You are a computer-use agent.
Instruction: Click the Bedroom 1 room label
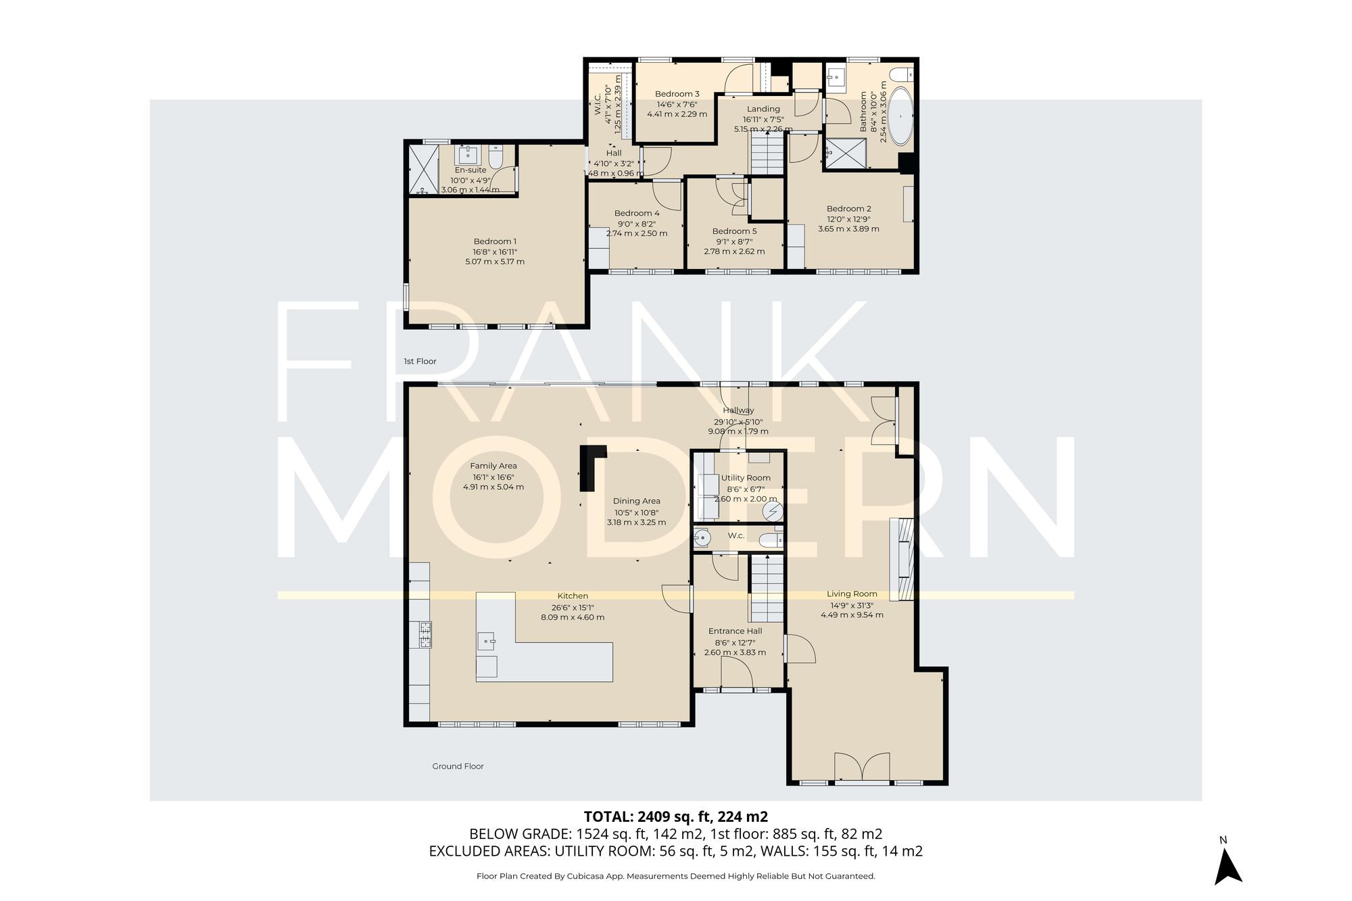point(495,241)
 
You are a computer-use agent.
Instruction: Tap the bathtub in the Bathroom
point(900,116)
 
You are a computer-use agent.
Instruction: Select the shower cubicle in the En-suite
point(422,169)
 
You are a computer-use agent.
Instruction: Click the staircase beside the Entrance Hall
point(767,589)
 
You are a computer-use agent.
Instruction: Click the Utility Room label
point(746,478)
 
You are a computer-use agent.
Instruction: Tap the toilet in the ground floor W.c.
point(770,540)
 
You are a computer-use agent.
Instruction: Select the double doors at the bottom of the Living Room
point(862,769)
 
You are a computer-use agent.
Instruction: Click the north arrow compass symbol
point(1228,866)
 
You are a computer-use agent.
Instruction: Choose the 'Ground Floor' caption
point(458,766)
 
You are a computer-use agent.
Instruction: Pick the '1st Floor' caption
point(420,361)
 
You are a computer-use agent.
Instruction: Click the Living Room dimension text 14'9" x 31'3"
point(852,605)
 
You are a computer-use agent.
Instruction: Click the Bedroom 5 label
point(734,231)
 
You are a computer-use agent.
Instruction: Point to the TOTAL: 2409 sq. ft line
point(675,817)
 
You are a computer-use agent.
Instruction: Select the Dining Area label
point(636,501)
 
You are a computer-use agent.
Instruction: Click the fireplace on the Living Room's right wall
point(901,560)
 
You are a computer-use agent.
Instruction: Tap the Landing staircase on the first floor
point(767,153)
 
